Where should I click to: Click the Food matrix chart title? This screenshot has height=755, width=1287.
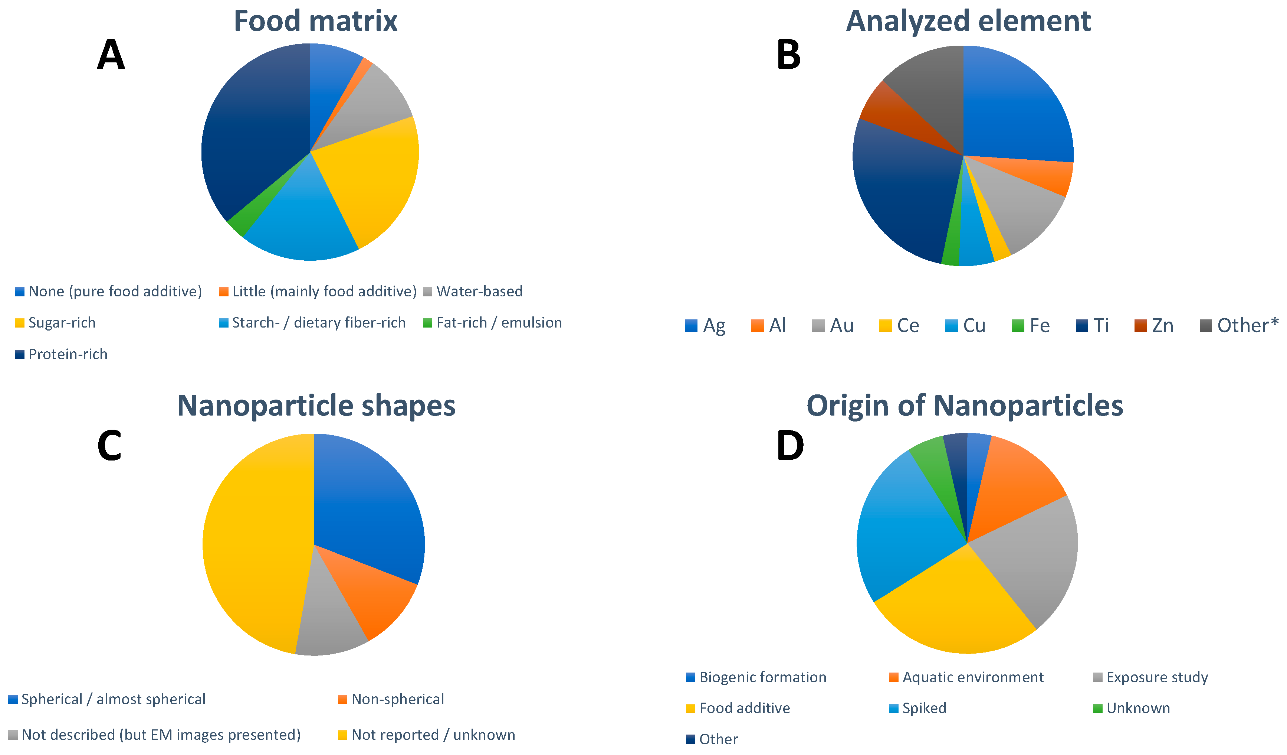pyautogui.click(x=315, y=22)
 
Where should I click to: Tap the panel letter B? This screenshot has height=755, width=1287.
pyautogui.click(x=788, y=55)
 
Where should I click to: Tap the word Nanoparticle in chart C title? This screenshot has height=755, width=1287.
pyautogui.click(x=265, y=406)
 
